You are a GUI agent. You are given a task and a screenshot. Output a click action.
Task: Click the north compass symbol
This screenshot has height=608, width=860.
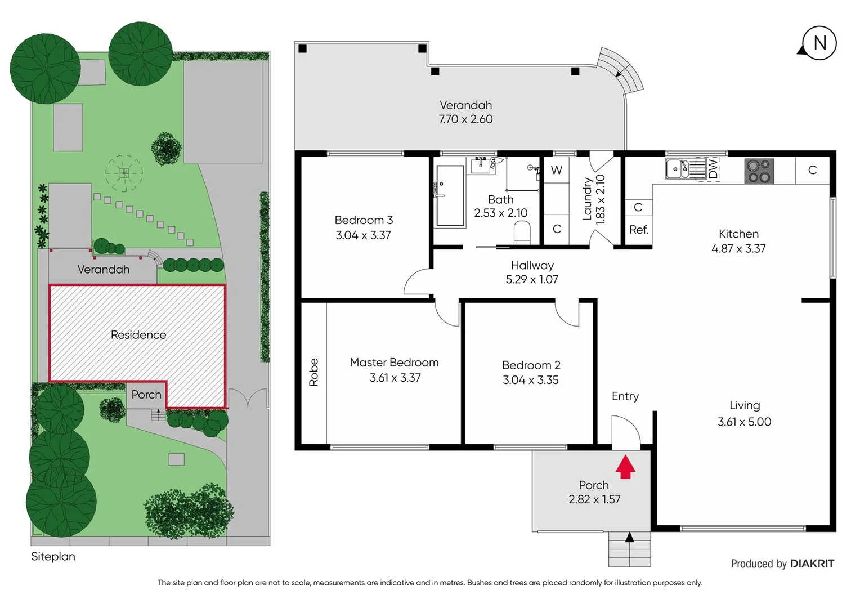tap(819, 43)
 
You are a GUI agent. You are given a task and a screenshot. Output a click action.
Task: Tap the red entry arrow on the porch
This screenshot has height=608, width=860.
tap(625, 467)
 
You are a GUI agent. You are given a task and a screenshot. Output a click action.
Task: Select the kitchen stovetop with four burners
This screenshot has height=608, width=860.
tap(759, 171)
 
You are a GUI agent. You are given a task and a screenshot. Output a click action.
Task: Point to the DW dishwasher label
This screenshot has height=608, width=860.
tap(713, 168)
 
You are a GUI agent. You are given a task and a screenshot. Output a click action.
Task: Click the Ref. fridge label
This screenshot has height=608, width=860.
tap(638, 230)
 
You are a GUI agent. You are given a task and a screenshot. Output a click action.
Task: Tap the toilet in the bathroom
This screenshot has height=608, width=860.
tap(522, 232)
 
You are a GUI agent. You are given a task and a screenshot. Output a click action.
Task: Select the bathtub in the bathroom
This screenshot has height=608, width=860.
tap(450, 195)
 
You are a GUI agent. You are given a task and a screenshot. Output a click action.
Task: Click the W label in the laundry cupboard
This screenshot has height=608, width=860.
tap(556, 170)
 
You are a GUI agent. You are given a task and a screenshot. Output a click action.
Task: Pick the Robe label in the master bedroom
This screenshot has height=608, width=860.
tap(313, 372)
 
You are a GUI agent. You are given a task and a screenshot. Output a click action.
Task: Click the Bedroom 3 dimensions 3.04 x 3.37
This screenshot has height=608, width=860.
tap(363, 235)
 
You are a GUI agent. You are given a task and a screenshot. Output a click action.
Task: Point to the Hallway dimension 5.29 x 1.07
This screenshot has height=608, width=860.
tap(532, 279)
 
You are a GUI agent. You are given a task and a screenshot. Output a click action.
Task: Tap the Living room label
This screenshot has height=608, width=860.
tap(744, 405)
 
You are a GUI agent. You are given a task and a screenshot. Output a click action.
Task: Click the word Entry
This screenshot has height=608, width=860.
tap(625, 396)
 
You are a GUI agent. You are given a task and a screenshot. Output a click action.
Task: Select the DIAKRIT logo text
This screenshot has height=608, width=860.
tap(812, 564)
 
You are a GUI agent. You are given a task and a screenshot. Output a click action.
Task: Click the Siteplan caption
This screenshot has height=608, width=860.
tap(53, 556)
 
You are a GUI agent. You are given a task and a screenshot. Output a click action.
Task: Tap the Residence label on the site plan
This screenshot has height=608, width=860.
tap(138, 335)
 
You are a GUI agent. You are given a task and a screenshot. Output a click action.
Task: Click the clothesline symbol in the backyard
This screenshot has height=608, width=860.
tap(124, 173)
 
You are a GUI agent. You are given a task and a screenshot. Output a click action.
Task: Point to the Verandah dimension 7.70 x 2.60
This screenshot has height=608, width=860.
tap(465, 119)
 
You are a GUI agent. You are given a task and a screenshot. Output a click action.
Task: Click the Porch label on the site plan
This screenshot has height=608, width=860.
tap(146, 395)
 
